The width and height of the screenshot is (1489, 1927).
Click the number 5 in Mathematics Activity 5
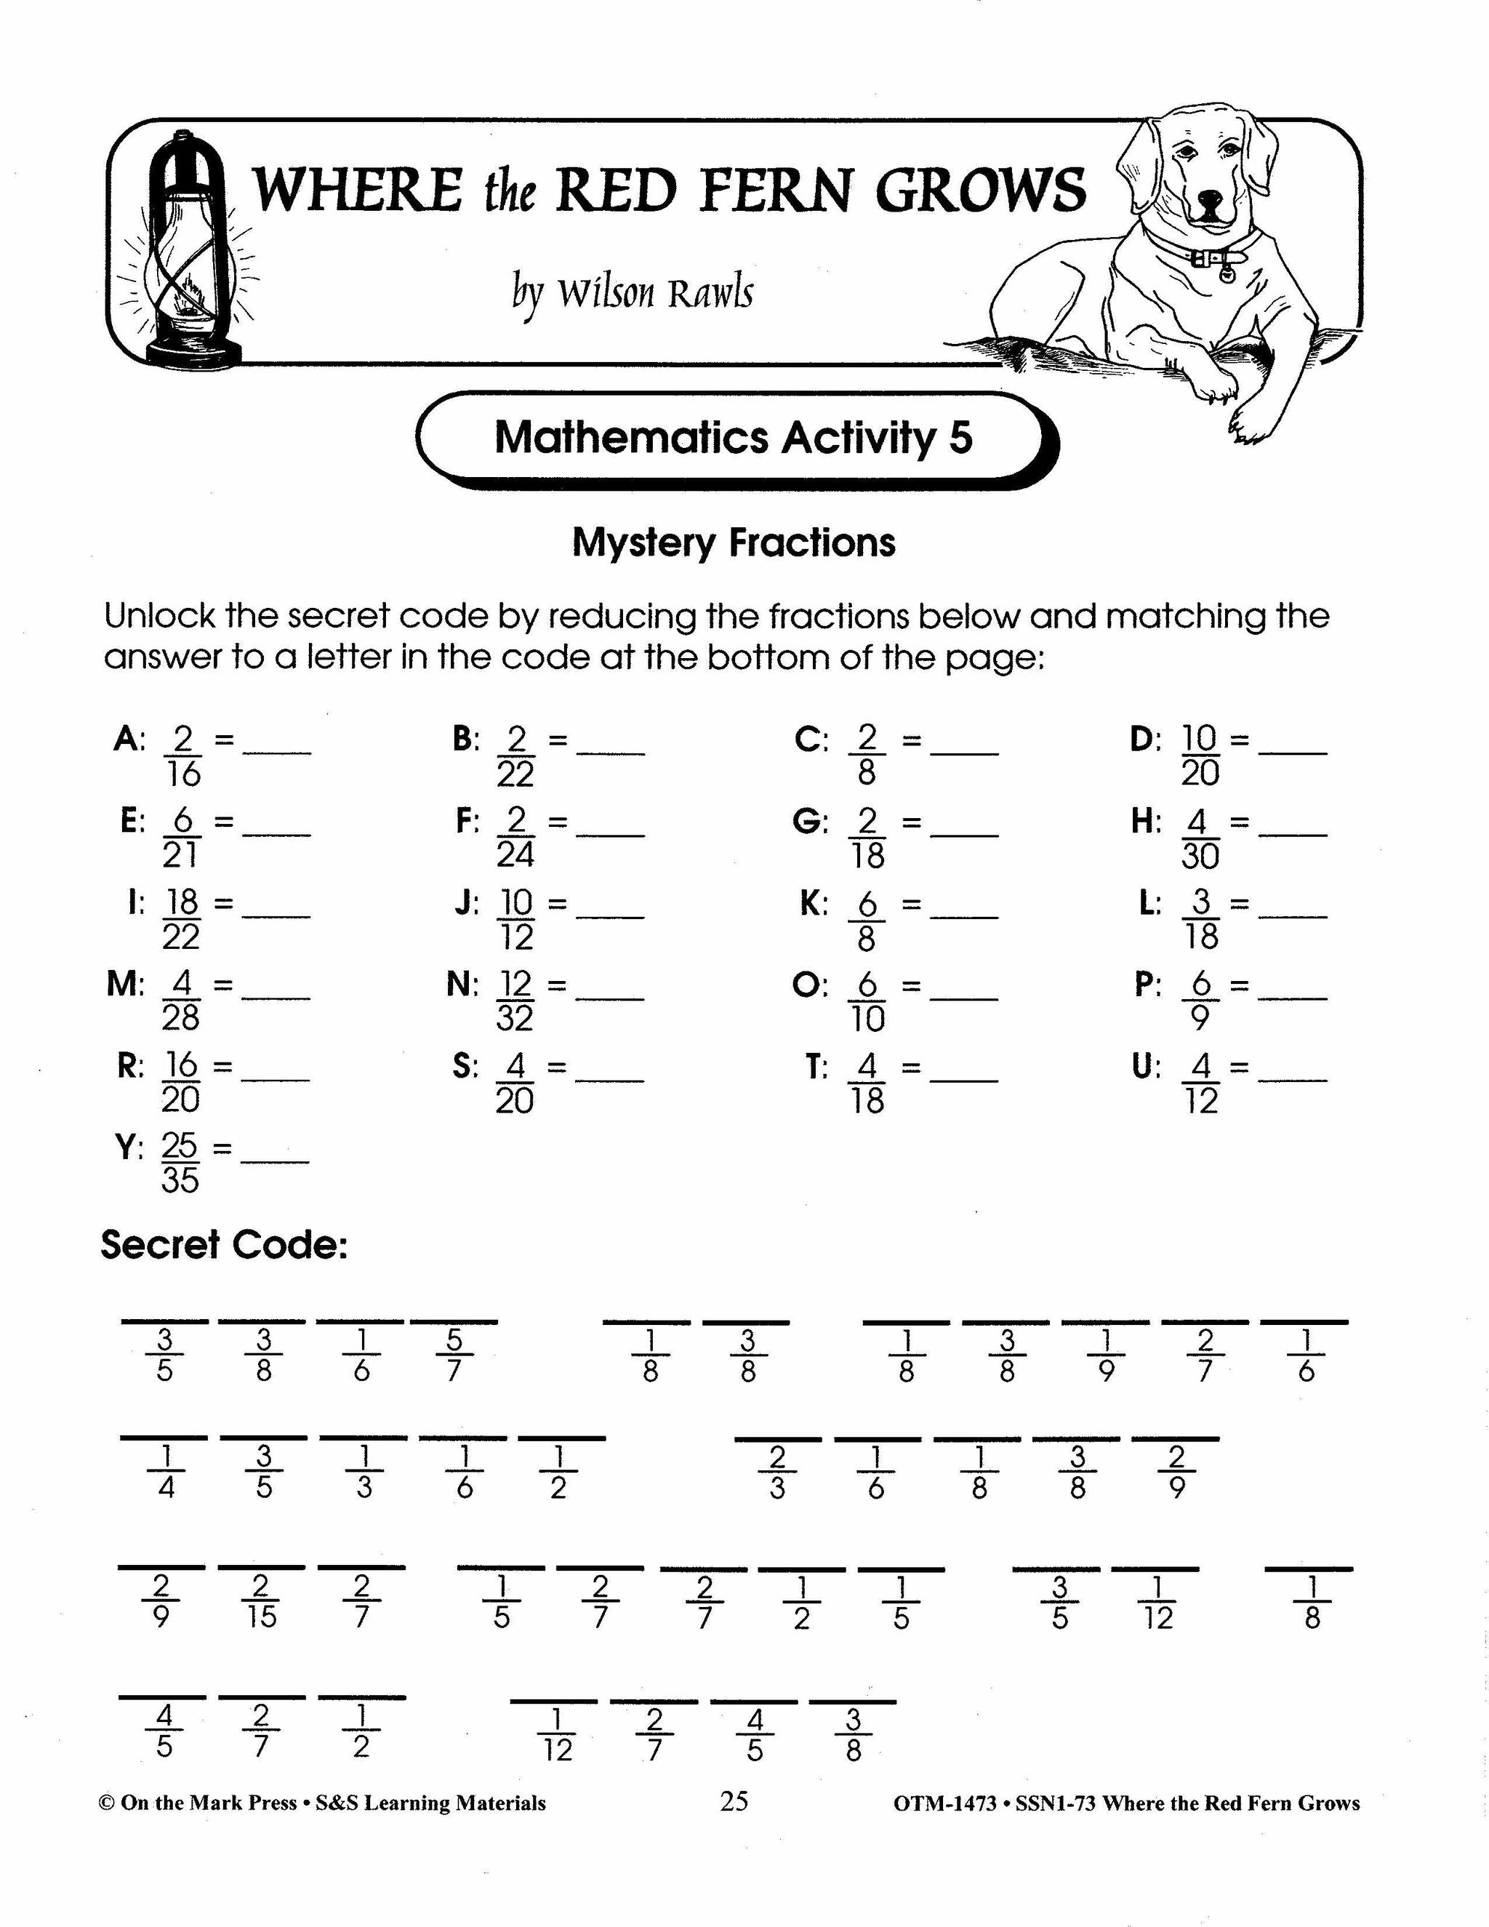click(x=960, y=438)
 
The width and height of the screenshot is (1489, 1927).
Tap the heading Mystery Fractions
click(x=733, y=542)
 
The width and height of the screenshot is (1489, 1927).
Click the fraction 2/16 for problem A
click(x=182, y=756)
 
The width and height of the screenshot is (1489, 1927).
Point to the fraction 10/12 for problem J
click(x=516, y=919)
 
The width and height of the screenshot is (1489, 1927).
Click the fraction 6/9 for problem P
click(x=1200, y=1001)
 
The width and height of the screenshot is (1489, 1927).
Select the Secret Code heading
click(x=224, y=1245)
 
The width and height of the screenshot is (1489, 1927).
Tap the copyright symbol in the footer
click(x=106, y=1803)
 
